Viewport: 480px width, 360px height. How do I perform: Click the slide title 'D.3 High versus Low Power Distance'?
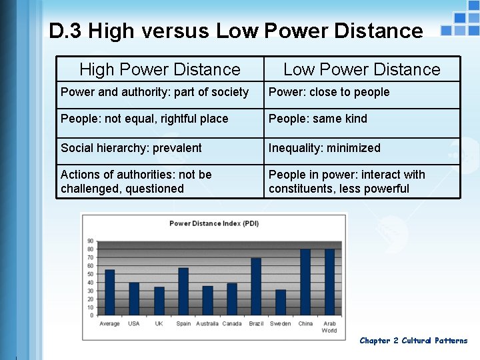pyautogui.click(x=235, y=31)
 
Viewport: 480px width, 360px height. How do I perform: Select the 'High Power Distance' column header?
pyautogui.click(x=159, y=69)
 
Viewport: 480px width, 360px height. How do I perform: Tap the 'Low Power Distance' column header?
pyautogui.click(x=362, y=69)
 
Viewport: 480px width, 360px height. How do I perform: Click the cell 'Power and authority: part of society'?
pyautogui.click(x=155, y=92)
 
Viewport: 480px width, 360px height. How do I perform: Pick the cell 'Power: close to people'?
pyautogui.click(x=329, y=92)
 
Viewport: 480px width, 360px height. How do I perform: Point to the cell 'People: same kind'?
pyautogui.click(x=317, y=119)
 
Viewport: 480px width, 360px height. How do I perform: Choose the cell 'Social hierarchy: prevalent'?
pyautogui.click(x=131, y=148)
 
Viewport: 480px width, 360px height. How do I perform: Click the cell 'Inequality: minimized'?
pyautogui.click(x=324, y=148)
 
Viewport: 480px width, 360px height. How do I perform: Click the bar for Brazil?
pyautogui.click(x=256, y=287)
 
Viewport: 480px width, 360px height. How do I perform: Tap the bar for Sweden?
pyautogui.click(x=281, y=302)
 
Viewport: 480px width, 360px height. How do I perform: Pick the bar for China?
pyautogui.click(x=305, y=282)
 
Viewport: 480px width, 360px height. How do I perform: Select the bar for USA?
pyautogui.click(x=134, y=299)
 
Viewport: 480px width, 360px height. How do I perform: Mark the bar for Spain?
pyautogui.click(x=183, y=291)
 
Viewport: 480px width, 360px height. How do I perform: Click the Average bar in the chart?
pyautogui.click(x=110, y=292)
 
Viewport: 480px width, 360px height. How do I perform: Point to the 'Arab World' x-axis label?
pyautogui.click(x=329, y=327)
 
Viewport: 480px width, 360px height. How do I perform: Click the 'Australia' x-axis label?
pyautogui.click(x=207, y=324)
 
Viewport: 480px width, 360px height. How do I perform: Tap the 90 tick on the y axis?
pyautogui.click(x=90, y=241)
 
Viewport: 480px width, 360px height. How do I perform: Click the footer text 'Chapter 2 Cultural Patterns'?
pyautogui.click(x=413, y=341)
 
